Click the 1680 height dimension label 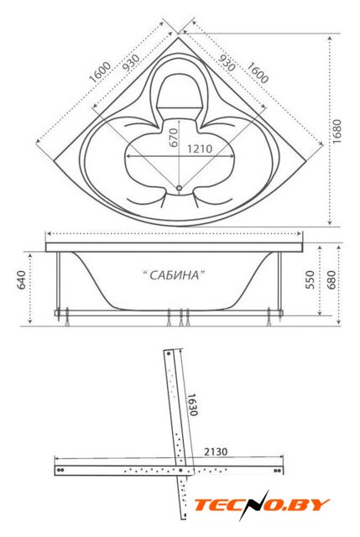click(337, 131)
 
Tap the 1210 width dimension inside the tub click(200, 149)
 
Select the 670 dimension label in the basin click(174, 138)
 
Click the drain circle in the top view click(179, 188)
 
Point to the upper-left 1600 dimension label click(100, 72)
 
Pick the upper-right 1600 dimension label click(258, 72)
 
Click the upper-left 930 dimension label click(131, 63)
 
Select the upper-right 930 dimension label click(227, 63)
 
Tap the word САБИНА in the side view click(174, 275)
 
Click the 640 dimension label click(21, 279)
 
